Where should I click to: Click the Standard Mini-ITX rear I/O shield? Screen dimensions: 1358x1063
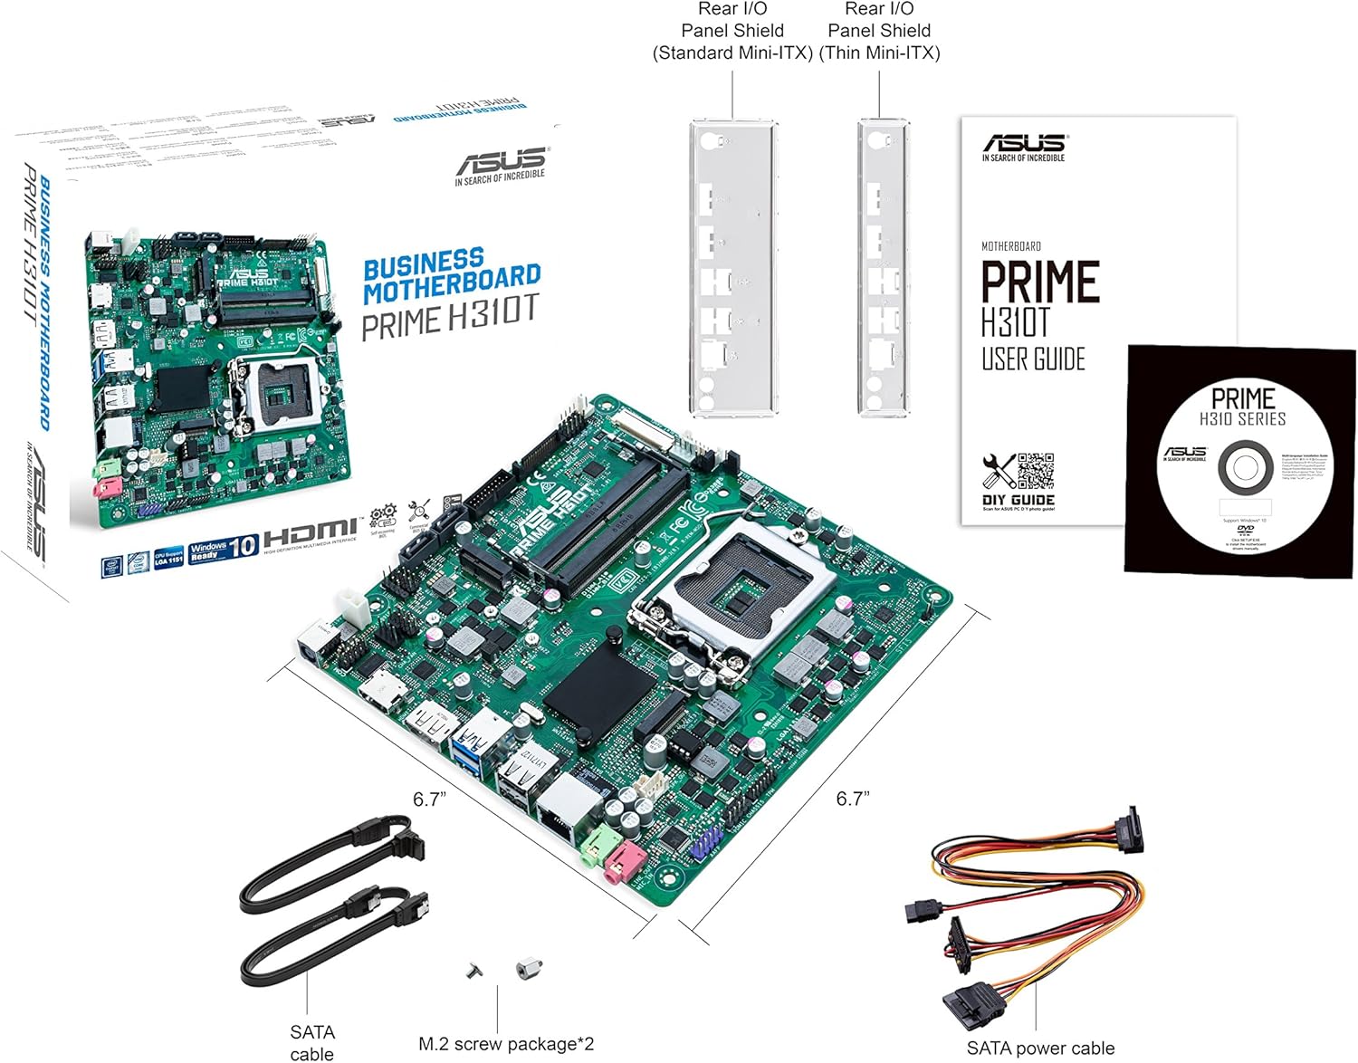(733, 268)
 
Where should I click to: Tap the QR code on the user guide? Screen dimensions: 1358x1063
(1036, 470)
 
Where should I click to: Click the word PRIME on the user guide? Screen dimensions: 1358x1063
(1040, 282)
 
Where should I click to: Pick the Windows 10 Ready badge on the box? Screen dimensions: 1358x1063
(224, 549)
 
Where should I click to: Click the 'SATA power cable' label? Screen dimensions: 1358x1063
(1040, 1048)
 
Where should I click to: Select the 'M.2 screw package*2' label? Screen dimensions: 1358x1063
(506, 1044)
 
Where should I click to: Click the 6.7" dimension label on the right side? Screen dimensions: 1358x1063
(852, 798)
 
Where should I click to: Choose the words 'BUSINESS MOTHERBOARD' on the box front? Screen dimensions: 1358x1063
(451, 276)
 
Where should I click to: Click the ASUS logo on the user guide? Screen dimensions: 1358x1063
(1025, 143)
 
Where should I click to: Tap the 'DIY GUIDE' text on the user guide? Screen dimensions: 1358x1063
(1018, 499)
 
